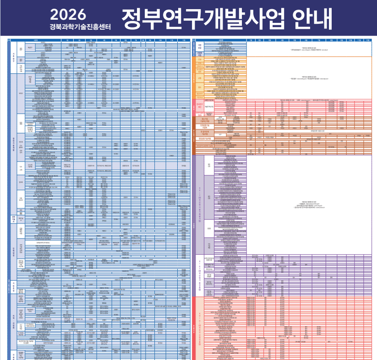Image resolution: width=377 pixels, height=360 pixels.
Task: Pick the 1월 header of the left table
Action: (x=67, y=40)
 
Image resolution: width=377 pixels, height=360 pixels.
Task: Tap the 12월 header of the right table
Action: (x=369, y=40)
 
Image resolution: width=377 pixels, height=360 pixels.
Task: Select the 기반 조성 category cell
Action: (x=200, y=46)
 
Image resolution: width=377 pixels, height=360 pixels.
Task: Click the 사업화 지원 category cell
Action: (x=200, y=53)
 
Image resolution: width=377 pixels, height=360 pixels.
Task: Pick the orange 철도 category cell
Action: (x=200, y=87)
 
